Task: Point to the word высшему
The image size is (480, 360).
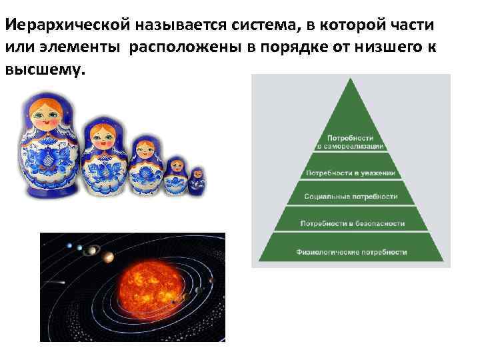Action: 45,69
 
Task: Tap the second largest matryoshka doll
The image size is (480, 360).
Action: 105,155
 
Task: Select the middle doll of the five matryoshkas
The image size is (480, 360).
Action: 144,166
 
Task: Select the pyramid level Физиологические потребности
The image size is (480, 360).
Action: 351,253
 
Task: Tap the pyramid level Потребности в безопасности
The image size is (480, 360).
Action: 351,223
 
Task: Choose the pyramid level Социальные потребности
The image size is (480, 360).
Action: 351,197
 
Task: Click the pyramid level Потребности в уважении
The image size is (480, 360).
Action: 351,173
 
